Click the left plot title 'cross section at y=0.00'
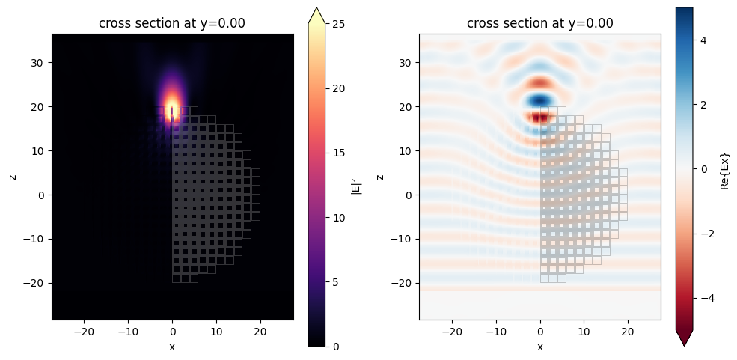tap(172, 23)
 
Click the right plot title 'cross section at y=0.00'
tap(540, 23)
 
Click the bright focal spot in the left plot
tap(173, 105)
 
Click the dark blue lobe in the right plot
tap(539, 100)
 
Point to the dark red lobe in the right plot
tap(538, 117)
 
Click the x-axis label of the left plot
tap(172, 347)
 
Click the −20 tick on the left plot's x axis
tap(84, 331)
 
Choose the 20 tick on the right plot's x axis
tap(628, 331)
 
